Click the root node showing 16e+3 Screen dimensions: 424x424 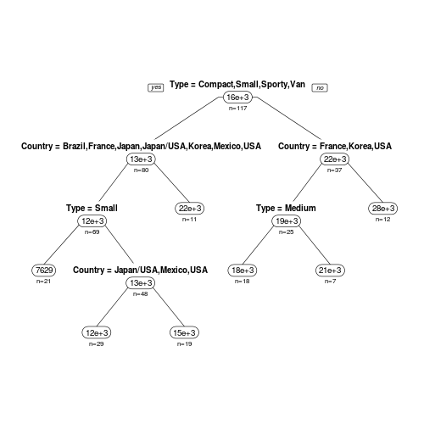pyautogui.click(x=237, y=98)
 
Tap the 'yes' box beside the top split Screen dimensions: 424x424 pyautogui.click(x=156, y=87)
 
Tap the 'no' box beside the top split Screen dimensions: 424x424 pyautogui.click(x=320, y=88)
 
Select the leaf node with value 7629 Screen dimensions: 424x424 pyautogui.click(x=44, y=271)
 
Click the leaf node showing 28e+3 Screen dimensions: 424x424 pyautogui.click(x=383, y=209)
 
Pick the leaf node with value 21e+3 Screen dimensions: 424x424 pyautogui.click(x=330, y=271)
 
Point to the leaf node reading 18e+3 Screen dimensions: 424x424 pyautogui.click(x=243, y=271)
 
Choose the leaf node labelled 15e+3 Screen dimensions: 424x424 pyautogui.click(x=184, y=332)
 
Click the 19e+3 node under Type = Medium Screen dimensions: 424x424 pyautogui.click(x=287, y=221)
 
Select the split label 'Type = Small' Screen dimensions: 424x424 pyautogui.click(x=92, y=208)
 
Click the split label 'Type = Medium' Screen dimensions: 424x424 pyautogui.click(x=286, y=208)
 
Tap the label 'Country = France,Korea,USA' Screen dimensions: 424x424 pyautogui.click(x=335, y=146)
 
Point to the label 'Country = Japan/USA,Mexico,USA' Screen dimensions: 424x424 pyautogui.click(x=141, y=270)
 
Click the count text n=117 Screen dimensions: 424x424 pyautogui.click(x=238, y=109)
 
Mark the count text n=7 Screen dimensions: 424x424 pyautogui.click(x=330, y=282)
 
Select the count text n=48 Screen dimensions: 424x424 pyautogui.click(x=141, y=294)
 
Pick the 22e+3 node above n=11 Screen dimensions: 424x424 pyautogui.click(x=190, y=209)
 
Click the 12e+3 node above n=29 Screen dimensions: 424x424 pyautogui.click(x=97, y=332)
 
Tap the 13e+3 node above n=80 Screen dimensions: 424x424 pyautogui.click(x=141, y=159)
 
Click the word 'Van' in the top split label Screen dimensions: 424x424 pyautogui.click(x=298, y=84)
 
